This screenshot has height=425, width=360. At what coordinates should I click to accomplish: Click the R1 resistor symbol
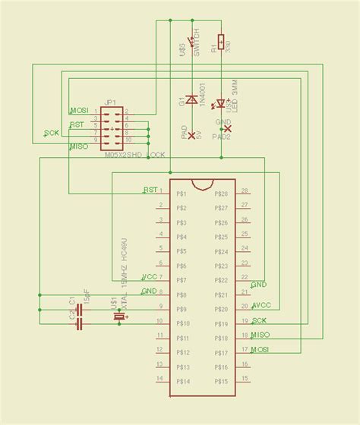221,41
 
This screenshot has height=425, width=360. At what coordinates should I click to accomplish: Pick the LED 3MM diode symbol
221,103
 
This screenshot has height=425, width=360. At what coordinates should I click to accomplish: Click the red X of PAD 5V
191,135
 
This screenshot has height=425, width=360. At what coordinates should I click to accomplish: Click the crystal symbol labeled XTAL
118,316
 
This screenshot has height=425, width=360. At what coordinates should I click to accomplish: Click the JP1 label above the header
109,102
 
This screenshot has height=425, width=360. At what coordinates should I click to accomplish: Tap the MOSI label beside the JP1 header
79,111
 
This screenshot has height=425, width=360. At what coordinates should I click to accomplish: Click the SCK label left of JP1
52,134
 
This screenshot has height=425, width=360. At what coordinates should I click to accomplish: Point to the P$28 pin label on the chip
222,194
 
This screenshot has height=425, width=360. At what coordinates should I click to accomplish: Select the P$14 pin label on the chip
182,382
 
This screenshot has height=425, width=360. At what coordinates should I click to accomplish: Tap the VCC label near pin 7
150,276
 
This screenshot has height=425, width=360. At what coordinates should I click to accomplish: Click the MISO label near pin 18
261,335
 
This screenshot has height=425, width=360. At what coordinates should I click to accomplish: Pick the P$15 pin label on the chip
222,382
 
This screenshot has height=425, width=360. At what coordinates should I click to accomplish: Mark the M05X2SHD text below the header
124,154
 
